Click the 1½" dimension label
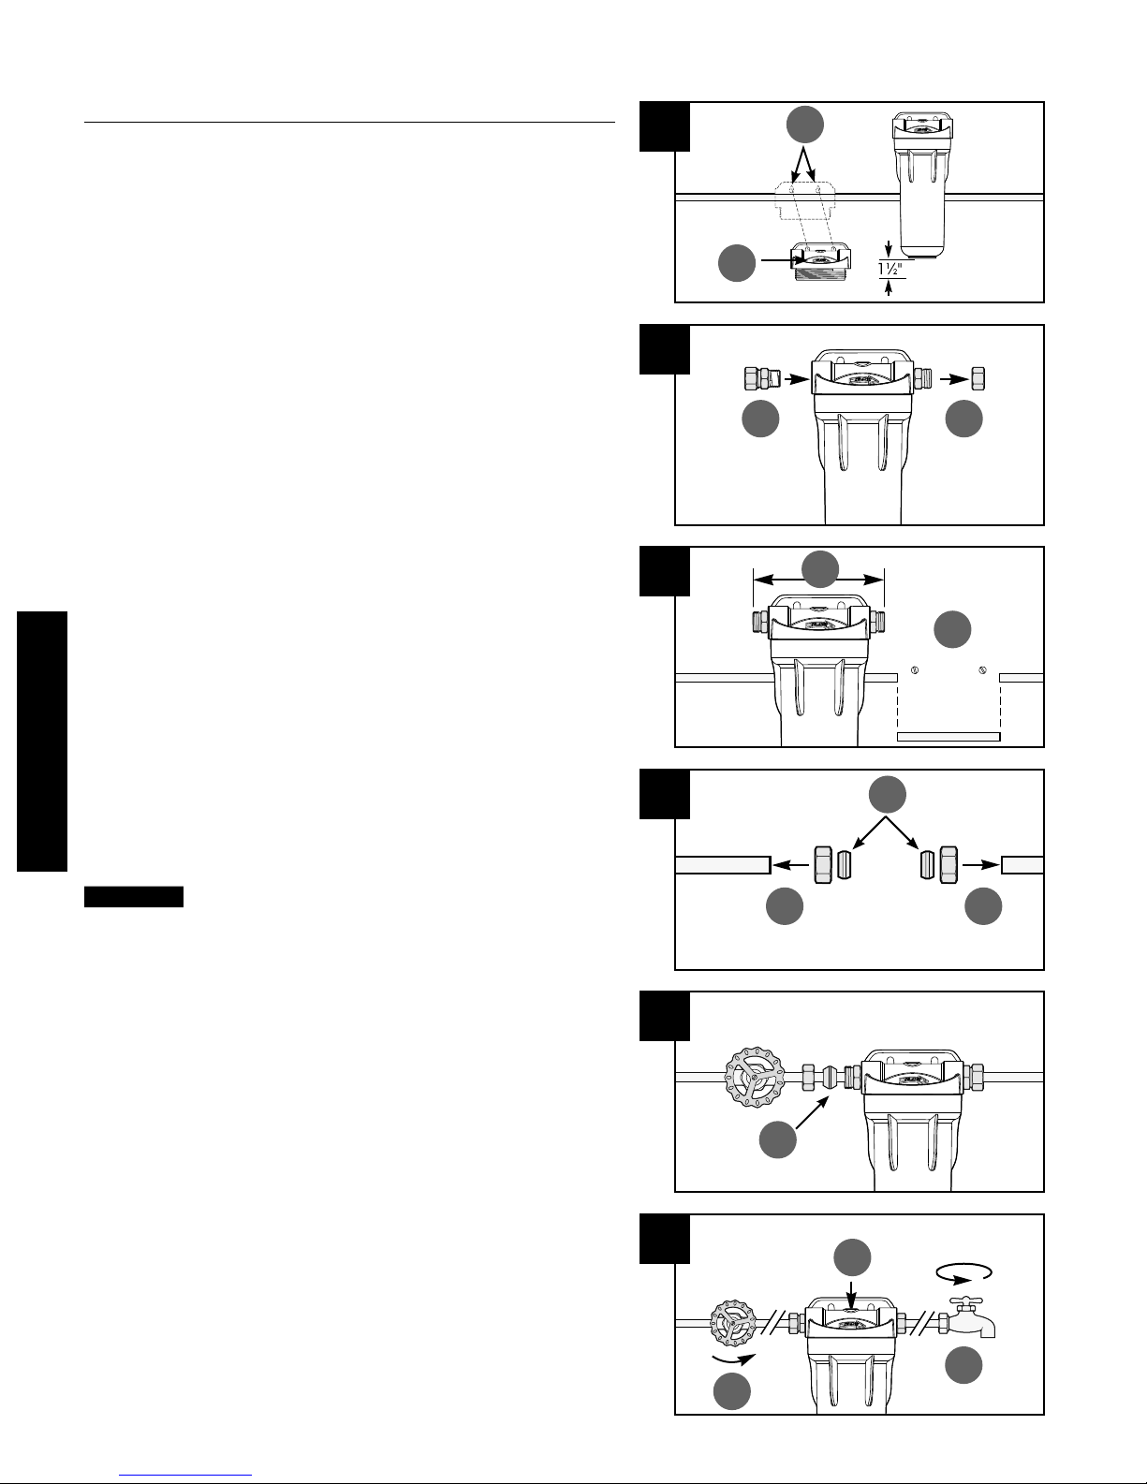pyautogui.click(x=891, y=270)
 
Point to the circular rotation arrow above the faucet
pyautogui.click(x=963, y=1271)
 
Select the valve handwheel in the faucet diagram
pyautogui.click(x=733, y=1324)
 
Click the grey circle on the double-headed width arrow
pyautogui.click(x=819, y=569)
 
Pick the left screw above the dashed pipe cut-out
pyautogui.click(x=916, y=670)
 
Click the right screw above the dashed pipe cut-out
pyautogui.click(x=982, y=670)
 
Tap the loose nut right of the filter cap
pyautogui.click(x=978, y=378)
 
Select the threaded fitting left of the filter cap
pyautogui.click(x=761, y=378)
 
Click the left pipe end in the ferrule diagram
pyautogui.click(x=723, y=864)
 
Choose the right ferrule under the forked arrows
pyautogui.click(x=926, y=865)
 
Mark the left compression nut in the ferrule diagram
pyautogui.click(x=823, y=865)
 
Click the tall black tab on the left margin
pyautogui.click(x=42, y=741)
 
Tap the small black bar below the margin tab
pyautogui.click(x=134, y=897)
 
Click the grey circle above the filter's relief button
pyautogui.click(x=852, y=1257)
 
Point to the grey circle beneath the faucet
pyautogui.click(x=963, y=1366)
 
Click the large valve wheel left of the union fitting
pyautogui.click(x=755, y=1077)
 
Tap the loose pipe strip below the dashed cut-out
pyautogui.click(x=948, y=737)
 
